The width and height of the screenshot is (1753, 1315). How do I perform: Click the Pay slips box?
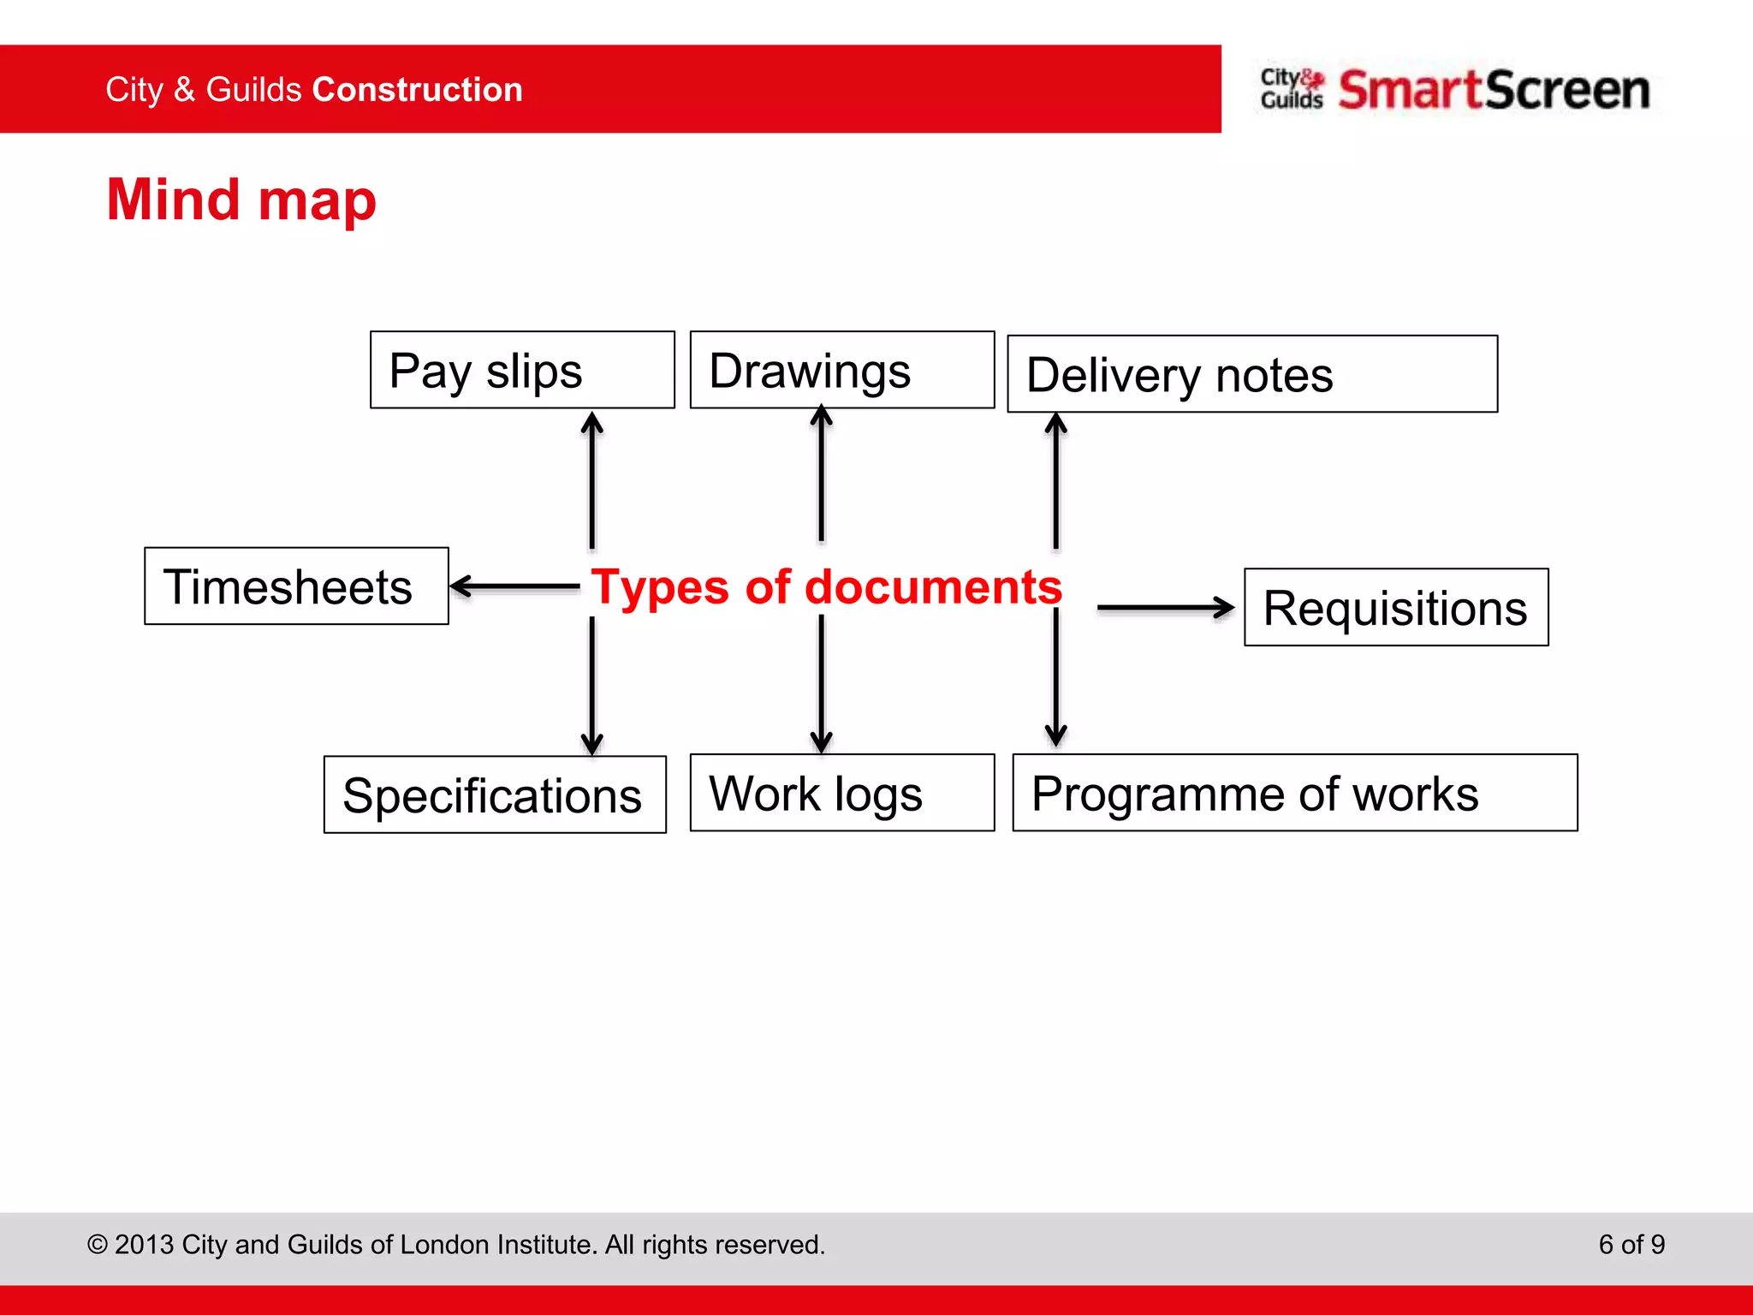point(522,370)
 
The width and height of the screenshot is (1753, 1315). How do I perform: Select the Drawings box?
point(842,370)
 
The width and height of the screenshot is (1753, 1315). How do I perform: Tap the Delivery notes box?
point(1252,374)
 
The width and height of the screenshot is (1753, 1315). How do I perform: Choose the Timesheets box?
point(296,586)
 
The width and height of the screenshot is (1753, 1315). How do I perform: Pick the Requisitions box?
point(1396,607)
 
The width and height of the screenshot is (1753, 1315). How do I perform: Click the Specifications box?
point(495,794)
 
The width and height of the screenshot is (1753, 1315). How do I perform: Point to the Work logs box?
point(842,793)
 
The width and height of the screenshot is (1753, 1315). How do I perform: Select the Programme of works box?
point(1295,793)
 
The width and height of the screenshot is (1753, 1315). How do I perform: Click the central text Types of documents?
point(826,587)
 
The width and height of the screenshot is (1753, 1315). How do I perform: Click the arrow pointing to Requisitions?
point(1165,608)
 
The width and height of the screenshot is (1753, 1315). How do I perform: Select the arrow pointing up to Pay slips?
point(591,479)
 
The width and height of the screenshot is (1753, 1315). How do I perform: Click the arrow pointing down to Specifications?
point(591,685)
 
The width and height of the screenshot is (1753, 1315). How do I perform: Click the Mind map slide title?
point(241,200)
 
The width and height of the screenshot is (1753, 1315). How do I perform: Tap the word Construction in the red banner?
point(418,90)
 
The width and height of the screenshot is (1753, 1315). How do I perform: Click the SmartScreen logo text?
point(1494,90)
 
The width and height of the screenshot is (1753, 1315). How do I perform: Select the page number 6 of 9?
point(1631,1244)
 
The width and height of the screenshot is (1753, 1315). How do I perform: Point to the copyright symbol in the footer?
point(98,1245)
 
